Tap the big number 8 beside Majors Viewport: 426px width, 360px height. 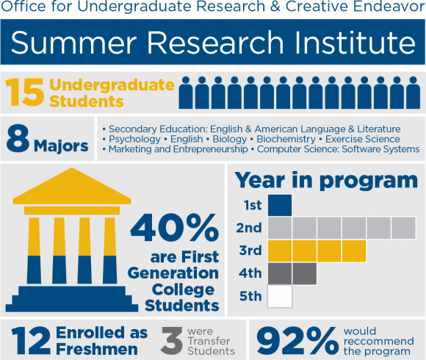click(18, 138)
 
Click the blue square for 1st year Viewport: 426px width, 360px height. click(280, 205)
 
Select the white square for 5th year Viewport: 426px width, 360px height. click(280, 296)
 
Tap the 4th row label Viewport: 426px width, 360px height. click(250, 274)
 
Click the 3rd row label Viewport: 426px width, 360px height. click(250, 251)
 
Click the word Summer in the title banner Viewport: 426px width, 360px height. click(71, 44)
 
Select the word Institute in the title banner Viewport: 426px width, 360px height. click(353, 44)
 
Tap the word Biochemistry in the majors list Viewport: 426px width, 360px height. click(287, 139)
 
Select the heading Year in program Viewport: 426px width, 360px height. click(326, 179)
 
